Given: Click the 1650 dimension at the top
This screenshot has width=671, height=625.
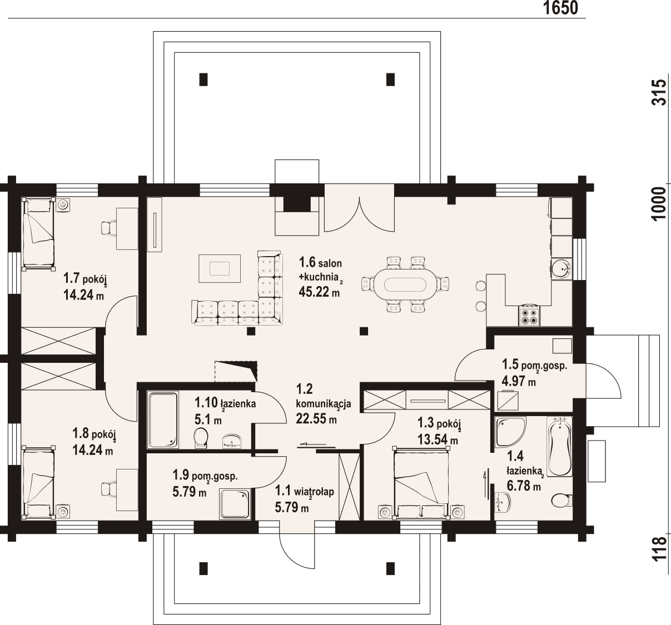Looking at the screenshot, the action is (561, 8).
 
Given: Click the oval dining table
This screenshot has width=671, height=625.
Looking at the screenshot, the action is (405, 284).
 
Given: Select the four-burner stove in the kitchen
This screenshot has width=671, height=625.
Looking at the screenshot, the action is (529, 316).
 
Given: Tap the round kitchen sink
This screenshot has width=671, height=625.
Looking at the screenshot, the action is (561, 269).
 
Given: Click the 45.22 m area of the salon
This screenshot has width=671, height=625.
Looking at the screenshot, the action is (319, 292).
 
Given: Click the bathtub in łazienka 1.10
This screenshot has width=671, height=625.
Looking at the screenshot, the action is (163, 419).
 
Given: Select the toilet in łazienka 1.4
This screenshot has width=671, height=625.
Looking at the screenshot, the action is (562, 500).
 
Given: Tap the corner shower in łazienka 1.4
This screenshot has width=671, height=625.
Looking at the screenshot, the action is (510, 431).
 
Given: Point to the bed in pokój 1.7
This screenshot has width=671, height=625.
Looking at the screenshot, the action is (38, 234).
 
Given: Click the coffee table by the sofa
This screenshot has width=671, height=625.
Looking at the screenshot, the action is (220, 268).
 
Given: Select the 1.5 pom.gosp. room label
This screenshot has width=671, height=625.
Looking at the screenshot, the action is (534, 365).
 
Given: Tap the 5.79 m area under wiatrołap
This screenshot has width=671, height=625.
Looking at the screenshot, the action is (292, 507).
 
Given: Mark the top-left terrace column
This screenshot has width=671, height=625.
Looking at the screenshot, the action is (203, 79).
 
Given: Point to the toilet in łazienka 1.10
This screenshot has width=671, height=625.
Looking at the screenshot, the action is (201, 438).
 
